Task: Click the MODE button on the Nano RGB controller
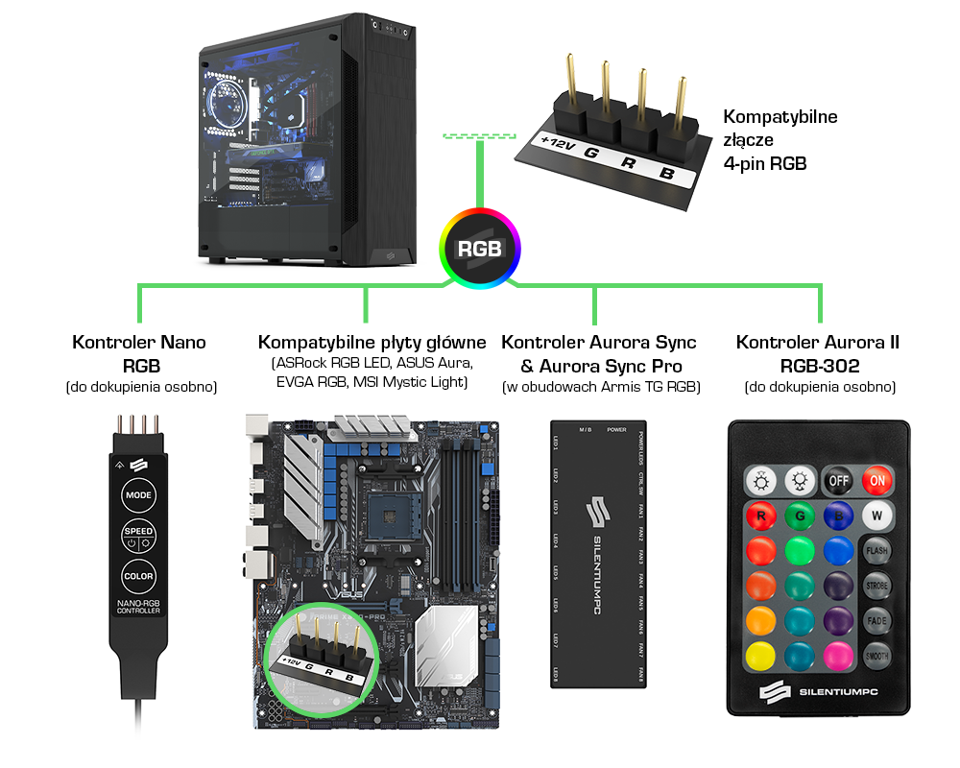[x=138, y=496]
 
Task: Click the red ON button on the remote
[x=876, y=480]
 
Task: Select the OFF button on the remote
[x=838, y=480]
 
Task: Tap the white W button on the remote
[x=876, y=514]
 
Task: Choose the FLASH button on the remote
[x=876, y=551]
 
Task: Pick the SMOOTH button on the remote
[x=876, y=657]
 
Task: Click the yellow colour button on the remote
[x=761, y=656]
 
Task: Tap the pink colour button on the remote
[x=838, y=656]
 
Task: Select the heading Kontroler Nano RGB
[x=139, y=353]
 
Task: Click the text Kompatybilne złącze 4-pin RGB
[x=780, y=140]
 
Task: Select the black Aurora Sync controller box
[x=596, y=553]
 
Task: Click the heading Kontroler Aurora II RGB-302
[x=818, y=353]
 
